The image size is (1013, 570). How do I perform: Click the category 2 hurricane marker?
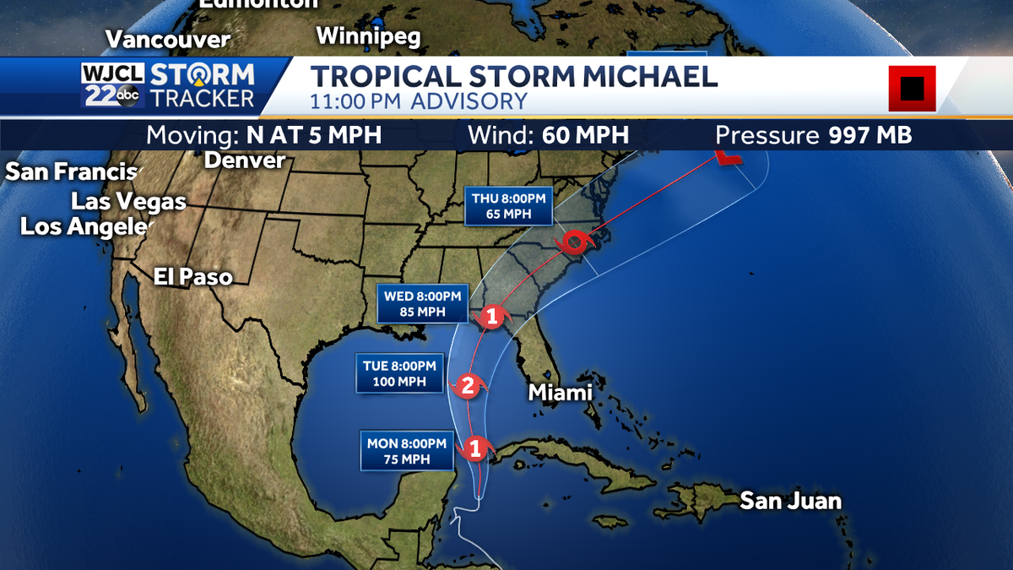pyautogui.click(x=467, y=387)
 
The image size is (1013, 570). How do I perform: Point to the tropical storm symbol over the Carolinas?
pyautogui.click(x=576, y=242)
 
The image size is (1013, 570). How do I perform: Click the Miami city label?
pyautogui.click(x=560, y=393)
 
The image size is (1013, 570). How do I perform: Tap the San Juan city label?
pyautogui.click(x=790, y=501)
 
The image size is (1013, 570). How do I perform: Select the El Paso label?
pyautogui.click(x=192, y=277)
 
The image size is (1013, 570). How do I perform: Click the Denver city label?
pyautogui.click(x=245, y=160)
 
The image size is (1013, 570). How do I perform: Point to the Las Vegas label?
pyautogui.click(x=128, y=202)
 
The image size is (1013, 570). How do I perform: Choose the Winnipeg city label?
pyautogui.click(x=368, y=36)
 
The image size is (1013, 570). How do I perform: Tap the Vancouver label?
pyautogui.click(x=168, y=39)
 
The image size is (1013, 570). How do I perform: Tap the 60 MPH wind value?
pyautogui.click(x=581, y=135)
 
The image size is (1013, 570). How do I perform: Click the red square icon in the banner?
pyautogui.click(x=912, y=88)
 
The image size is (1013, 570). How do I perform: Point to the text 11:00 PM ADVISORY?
pyautogui.click(x=419, y=101)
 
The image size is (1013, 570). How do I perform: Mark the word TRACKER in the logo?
pyautogui.click(x=202, y=98)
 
